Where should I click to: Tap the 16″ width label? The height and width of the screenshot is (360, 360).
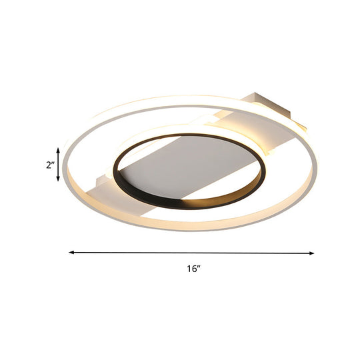click(x=193, y=269)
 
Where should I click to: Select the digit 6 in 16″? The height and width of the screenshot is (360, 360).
click(x=194, y=269)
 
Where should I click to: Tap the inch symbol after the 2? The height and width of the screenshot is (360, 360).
click(x=53, y=163)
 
